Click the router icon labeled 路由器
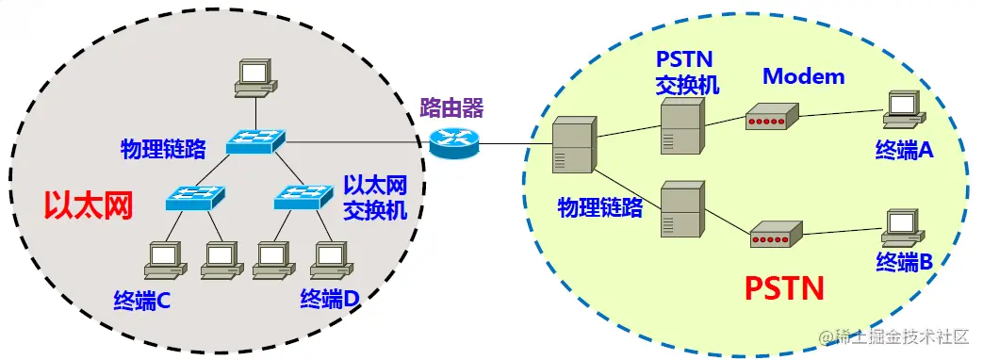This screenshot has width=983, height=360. coord(453,141)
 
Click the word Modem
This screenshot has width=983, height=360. coord(804,76)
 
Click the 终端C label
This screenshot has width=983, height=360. coord(141,301)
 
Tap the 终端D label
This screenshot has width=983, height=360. coord(330,300)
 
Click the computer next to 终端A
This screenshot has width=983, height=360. coord(902,110)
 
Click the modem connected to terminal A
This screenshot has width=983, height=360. coord(766,120)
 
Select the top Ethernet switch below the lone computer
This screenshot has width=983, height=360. coord(254,141)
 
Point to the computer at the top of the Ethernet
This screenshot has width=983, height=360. coord(255,77)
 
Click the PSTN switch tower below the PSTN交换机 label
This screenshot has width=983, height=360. coord(680,126)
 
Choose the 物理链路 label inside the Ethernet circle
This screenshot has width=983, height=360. coord(163,148)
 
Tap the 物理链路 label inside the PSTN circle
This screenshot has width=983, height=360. coord(599,207)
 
